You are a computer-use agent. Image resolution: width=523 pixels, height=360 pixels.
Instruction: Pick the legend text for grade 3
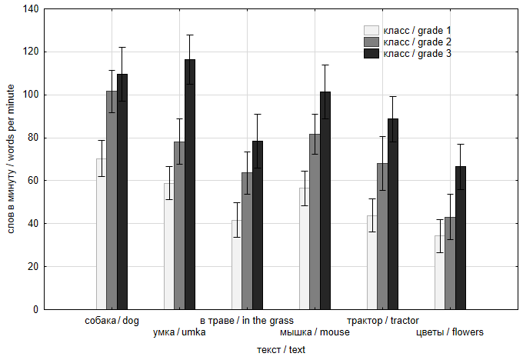click(x=417, y=53)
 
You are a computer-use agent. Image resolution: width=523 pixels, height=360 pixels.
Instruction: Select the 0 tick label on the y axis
click(x=35, y=310)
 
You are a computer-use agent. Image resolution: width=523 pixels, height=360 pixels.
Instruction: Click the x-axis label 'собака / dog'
click(x=112, y=320)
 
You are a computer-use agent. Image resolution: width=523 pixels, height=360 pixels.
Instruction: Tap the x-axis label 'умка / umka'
click(x=179, y=332)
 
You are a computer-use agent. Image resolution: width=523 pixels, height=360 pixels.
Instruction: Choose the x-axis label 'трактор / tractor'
click(x=382, y=320)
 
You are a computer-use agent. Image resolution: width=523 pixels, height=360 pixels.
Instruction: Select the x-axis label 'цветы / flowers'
click(x=450, y=332)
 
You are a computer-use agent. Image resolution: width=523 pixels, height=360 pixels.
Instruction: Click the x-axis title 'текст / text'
click(x=281, y=350)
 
